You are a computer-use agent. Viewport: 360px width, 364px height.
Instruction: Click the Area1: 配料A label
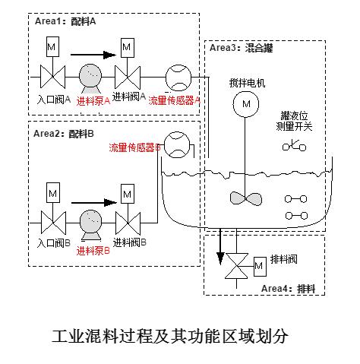pos(65,22)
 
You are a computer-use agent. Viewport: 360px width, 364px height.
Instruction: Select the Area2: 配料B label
pos(65,134)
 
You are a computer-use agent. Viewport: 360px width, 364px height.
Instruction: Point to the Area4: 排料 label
pos(288,288)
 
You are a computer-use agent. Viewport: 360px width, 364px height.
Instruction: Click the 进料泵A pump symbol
pos(89,77)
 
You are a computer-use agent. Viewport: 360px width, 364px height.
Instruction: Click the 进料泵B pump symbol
pos(89,223)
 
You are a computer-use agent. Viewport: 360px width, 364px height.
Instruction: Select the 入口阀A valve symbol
pos(52,77)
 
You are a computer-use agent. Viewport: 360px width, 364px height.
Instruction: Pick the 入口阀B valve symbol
pos(52,223)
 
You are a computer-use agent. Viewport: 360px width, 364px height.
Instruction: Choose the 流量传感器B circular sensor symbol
pos(175,147)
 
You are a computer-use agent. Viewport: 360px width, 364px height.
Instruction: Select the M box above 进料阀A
pos(126,49)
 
